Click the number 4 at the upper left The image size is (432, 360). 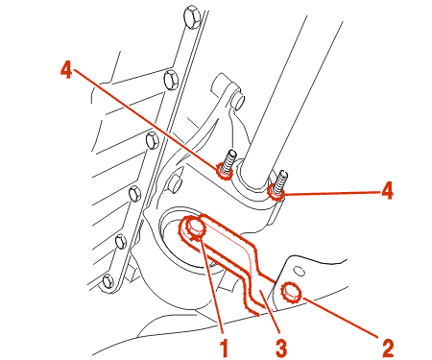[x=66, y=69]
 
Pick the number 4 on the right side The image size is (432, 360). [x=387, y=190]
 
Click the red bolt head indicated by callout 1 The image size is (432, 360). [x=195, y=228]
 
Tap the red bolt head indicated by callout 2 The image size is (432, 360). [x=290, y=293]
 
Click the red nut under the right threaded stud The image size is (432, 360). [x=276, y=191]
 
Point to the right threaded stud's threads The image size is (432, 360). [x=280, y=181]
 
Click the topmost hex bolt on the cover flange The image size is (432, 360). [x=192, y=16]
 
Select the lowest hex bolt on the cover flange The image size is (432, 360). [x=108, y=281]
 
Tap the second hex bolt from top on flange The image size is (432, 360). [x=171, y=80]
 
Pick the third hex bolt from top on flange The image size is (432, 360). [x=153, y=141]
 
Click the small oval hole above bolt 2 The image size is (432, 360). [x=300, y=271]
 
